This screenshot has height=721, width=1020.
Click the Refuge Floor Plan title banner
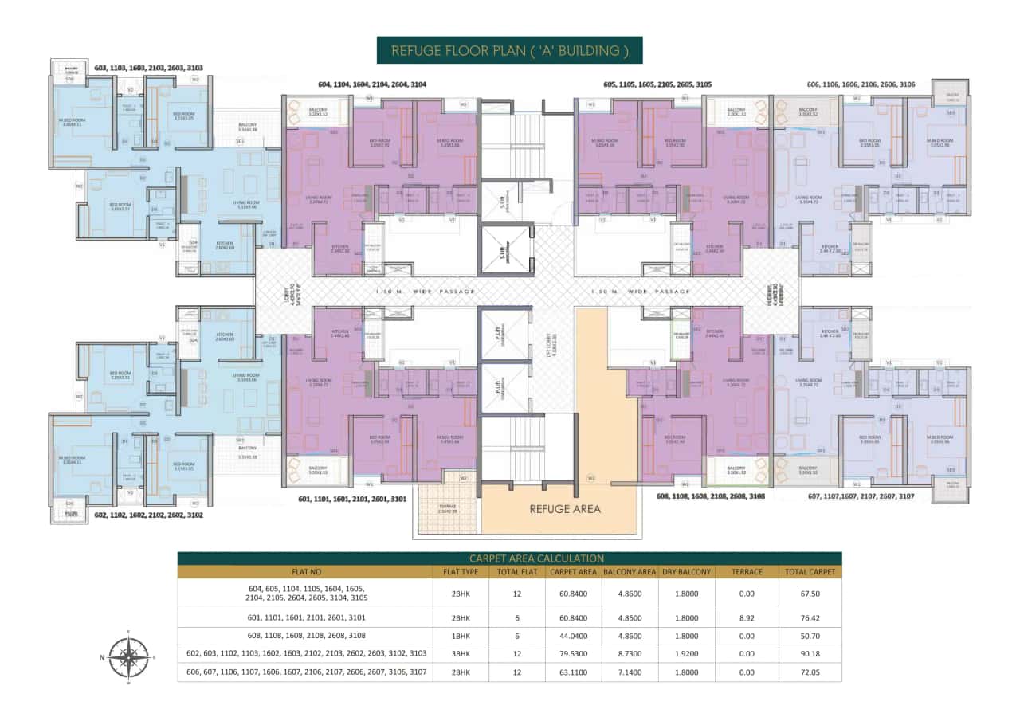click(x=509, y=50)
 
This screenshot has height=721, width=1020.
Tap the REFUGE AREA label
click(x=566, y=508)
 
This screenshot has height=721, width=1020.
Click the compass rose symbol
click(x=128, y=657)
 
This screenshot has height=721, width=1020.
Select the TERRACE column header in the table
click(x=746, y=571)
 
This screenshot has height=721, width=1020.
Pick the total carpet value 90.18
click(x=810, y=653)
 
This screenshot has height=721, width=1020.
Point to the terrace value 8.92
click(x=746, y=617)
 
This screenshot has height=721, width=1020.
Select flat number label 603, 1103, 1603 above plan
click(x=148, y=69)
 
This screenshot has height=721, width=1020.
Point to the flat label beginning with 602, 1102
click(x=148, y=515)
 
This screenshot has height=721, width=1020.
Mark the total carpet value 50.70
click(x=810, y=636)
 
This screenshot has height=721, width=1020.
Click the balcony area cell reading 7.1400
click(x=629, y=672)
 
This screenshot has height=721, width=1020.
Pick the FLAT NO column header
click(x=306, y=571)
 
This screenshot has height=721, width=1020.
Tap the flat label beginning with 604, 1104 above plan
click(x=372, y=84)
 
